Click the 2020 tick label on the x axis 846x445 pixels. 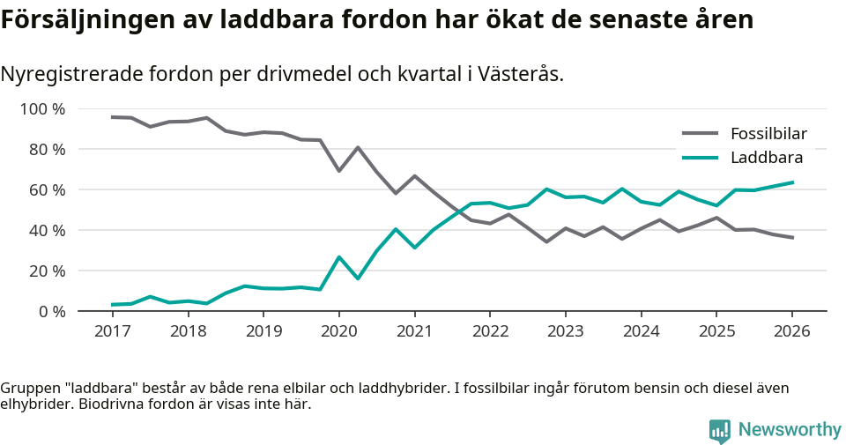[338, 331]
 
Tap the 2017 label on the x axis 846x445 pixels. [112, 331]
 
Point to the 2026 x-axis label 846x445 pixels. [791, 331]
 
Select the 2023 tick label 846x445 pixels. [565, 331]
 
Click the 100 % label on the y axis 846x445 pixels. [43, 109]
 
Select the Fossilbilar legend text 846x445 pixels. [768, 134]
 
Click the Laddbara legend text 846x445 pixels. [766, 158]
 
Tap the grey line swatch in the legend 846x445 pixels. [700, 134]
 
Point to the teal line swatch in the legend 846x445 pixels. [700, 158]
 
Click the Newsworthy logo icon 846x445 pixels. [719, 430]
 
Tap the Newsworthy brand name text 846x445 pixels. [789, 429]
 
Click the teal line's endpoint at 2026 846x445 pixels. [792, 182]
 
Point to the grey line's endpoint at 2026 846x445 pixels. [792, 238]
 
